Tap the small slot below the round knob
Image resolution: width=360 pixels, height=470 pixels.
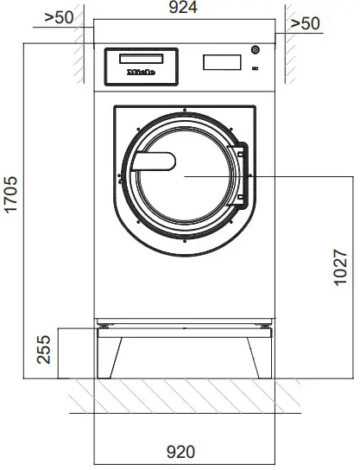(x=255, y=67)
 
